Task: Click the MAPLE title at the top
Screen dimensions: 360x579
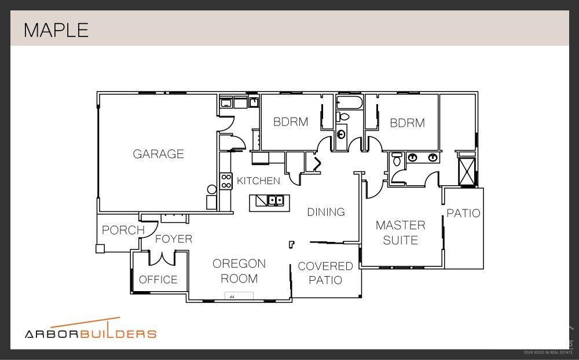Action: pos(56,30)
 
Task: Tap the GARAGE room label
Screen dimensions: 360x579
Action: pos(158,154)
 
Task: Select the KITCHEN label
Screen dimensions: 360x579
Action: pos(258,181)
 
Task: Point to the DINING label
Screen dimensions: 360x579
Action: pos(326,212)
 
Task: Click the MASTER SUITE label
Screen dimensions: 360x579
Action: pos(400,232)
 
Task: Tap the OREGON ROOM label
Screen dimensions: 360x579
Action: pos(239,271)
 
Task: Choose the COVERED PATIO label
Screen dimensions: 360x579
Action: pos(325,273)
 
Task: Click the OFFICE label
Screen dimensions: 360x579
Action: pos(158,280)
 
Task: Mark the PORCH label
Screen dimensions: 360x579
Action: pos(123,230)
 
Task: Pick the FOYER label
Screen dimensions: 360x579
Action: pos(173,238)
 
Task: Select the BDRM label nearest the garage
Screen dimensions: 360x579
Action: pos(291,122)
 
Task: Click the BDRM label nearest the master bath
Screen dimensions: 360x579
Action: pos(407,123)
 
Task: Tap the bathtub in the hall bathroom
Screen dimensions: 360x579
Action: pos(349,103)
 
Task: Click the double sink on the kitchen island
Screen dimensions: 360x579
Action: pos(275,201)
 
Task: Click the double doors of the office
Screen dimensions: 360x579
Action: pos(162,257)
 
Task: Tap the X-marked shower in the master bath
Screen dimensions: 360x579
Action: pos(466,170)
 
